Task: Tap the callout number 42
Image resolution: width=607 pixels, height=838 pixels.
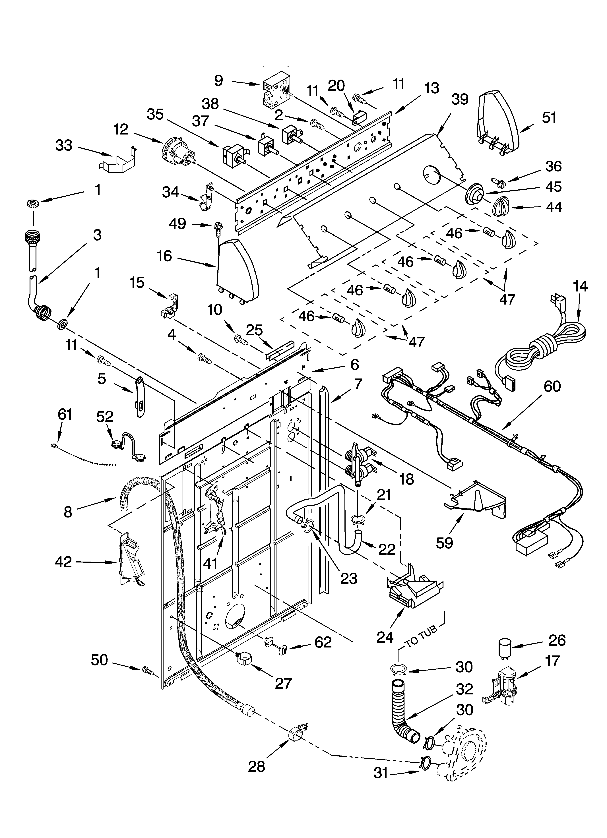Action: point(63,562)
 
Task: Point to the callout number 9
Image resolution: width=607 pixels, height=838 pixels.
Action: point(218,80)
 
